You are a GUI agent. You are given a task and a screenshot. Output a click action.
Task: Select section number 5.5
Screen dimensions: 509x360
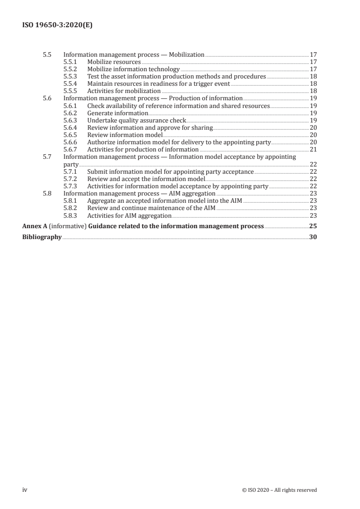coord(47,54)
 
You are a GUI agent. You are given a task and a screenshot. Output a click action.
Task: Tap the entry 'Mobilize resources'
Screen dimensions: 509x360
coord(114,61)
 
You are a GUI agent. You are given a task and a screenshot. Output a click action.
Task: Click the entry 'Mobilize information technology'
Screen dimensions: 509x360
coord(133,69)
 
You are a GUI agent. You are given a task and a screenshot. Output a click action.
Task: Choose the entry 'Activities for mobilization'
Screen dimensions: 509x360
coord(124,91)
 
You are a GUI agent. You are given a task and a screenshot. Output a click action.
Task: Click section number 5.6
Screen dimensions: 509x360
coord(47,98)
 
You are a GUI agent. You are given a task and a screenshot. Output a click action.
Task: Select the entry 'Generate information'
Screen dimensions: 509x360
coord(118,113)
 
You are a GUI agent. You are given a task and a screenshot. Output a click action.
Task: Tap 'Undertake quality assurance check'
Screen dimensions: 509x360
coord(137,120)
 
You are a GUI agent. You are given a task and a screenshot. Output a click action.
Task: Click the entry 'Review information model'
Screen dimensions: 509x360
coord(124,135)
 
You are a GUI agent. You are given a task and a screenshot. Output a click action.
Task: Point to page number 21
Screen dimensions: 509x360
coord(313,149)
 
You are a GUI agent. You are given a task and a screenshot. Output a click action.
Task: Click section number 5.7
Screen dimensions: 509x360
coord(47,157)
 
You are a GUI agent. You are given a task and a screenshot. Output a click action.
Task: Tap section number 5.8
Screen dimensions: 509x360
coord(47,193)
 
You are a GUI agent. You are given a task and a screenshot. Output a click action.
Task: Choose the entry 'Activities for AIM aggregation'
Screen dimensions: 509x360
coord(129,215)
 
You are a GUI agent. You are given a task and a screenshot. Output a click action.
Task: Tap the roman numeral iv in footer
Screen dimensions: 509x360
coord(25,489)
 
